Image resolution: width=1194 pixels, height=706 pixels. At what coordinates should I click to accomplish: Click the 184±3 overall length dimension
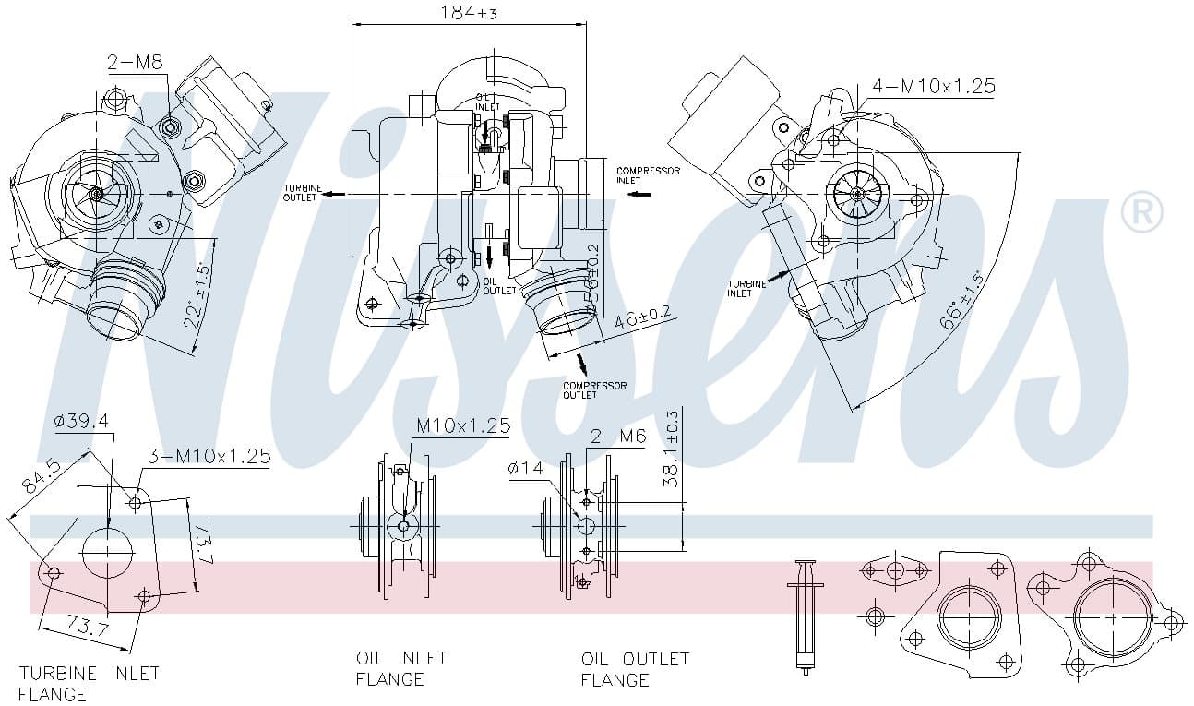click(x=468, y=13)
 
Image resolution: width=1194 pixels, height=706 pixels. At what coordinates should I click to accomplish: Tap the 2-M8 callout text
click(x=135, y=63)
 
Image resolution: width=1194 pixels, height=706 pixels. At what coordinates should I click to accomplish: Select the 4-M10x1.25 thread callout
click(x=933, y=86)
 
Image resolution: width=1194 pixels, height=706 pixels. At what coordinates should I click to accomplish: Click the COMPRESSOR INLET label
click(x=648, y=175)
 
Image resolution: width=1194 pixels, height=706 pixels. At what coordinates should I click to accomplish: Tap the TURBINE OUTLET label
click(x=303, y=193)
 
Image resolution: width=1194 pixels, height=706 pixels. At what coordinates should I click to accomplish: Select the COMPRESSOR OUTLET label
click(x=594, y=389)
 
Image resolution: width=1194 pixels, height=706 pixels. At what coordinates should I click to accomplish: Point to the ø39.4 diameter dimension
click(x=82, y=421)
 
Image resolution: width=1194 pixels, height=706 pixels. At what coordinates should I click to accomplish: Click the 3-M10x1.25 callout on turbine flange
click(x=209, y=456)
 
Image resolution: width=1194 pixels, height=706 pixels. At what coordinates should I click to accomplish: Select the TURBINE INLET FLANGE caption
click(x=89, y=683)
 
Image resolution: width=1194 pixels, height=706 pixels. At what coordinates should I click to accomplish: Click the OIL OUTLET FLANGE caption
click(x=635, y=669)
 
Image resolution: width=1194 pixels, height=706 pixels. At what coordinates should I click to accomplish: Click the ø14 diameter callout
click(x=525, y=469)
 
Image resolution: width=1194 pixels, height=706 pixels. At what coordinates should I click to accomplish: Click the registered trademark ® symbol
click(x=1140, y=213)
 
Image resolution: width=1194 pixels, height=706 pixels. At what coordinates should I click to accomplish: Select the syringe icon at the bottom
click(x=805, y=613)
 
